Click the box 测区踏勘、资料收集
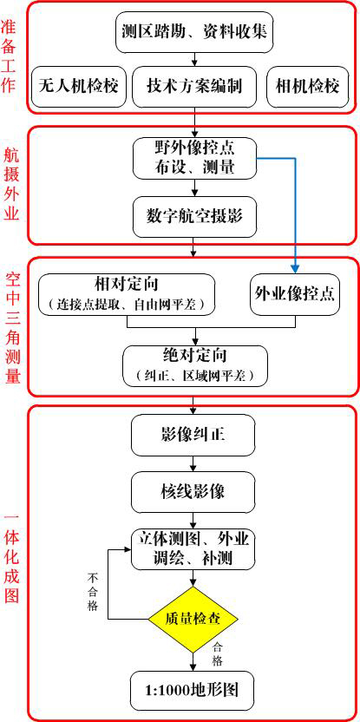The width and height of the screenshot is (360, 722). tap(194, 33)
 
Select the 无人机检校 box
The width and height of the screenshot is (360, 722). tap(78, 87)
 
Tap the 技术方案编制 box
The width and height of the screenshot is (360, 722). tap(194, 87)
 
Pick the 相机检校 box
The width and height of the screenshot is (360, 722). tap(307, 87)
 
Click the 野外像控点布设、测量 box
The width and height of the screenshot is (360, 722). tap(194, 158)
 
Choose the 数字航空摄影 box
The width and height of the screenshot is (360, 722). tap(194, 215)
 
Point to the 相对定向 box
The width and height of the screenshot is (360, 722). tap(127, 295)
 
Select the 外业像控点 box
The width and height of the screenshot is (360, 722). tap(295, 295)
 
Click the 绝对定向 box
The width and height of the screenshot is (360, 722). tap(194, 366)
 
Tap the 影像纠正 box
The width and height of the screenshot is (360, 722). tap(193, 435)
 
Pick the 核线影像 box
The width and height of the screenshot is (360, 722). tap(193, 492)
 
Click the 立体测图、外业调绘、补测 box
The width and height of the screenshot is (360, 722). tap(193, 548)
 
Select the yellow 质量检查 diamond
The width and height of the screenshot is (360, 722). tap(193, 619)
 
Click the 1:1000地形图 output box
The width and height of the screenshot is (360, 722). tap(192, 691)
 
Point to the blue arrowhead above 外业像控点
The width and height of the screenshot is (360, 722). tap(295, 269)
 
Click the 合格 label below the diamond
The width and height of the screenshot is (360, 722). tap(217, 654)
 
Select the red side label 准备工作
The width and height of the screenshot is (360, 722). tap(10, 56)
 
